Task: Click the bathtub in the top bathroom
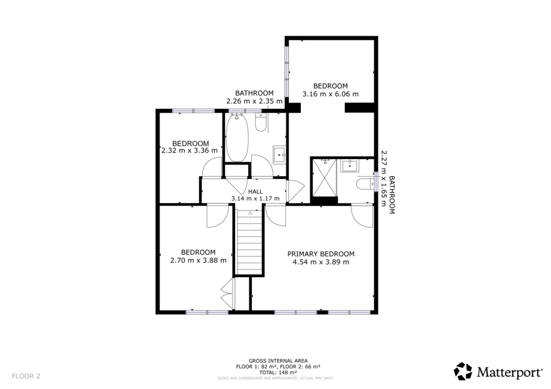(x=236, y=138)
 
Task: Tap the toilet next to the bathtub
(x=260, y=123)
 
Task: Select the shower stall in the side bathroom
(x=324, y=178)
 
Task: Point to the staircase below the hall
(x=250, y=244)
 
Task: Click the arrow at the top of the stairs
(x=250, y=213)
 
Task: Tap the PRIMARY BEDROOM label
(x=321, y=254)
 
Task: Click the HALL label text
(x=256, y=191)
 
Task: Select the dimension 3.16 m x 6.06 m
(x=330, y=94)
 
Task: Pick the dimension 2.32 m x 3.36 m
(x=189, y=150)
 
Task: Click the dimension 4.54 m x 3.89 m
(x=321, y=262)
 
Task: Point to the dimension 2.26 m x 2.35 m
(x=254, y=100)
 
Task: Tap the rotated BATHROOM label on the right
(x=392, y=195)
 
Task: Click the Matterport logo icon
(x=463, y=371)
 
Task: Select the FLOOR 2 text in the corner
(x=26, y=376)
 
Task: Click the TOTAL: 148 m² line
(x=278, y=372)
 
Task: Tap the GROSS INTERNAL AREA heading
(x=278, y=361)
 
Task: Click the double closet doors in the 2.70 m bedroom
(x=226, y=294)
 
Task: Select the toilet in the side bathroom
(x=365, y=184)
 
